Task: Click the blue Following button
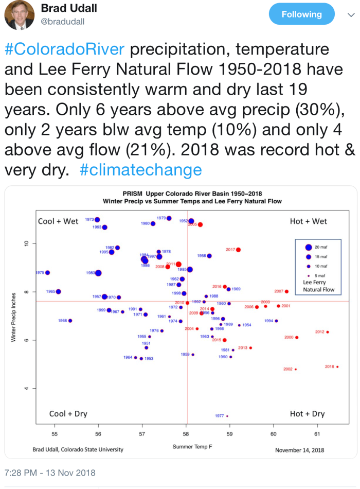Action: tap(301, 15)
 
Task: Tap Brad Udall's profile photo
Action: tap(19, 15)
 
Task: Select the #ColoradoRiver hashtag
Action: tap(64, 49)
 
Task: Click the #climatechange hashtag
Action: tap(141, 170)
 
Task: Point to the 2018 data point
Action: tap(337, 367)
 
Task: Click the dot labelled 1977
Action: tap(227, 416)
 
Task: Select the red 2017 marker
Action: tap(238, 250)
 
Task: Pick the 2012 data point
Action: tap(328, 332)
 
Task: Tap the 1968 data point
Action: tap(70, 321)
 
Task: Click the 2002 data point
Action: tap(296, 369)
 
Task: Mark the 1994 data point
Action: tap(276, 321)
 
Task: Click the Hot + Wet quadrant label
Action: tap(309, 221)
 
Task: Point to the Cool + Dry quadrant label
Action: tap(65, 414)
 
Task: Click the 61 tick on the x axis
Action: tap(316, 434)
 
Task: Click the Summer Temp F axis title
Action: tap(193, 447)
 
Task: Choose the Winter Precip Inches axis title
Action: tap(14, 317)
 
